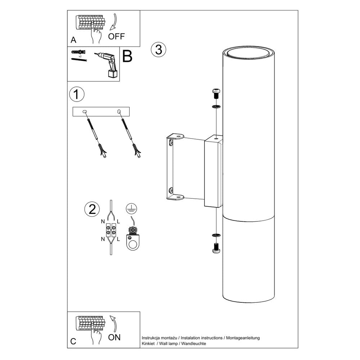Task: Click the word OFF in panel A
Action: pos(116,36)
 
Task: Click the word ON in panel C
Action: pos(114,337)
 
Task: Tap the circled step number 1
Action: pos(76,94)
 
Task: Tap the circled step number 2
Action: pos(92,209)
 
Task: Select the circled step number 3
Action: pos(158,49)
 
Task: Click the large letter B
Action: pos(127,57)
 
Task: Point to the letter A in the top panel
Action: pos(74,39)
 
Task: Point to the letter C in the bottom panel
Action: pos(73,341)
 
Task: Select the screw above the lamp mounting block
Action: pos(216,94)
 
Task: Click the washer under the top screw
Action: pos(216,107)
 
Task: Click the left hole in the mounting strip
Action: pos(85,112)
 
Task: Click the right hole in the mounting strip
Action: pos(119,112)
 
